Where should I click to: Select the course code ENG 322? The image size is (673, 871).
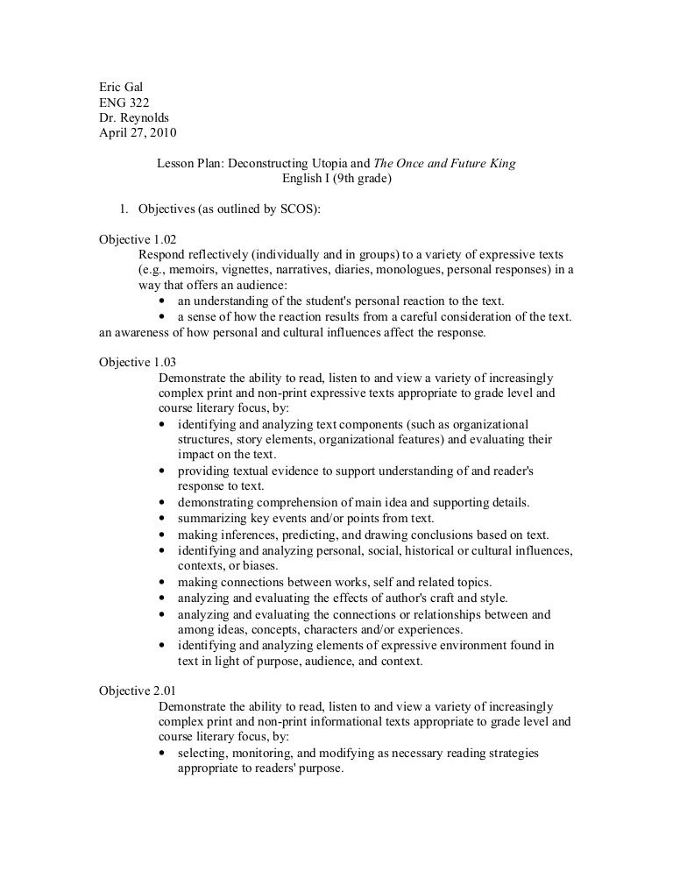pyautogui.click(x=124, y=103)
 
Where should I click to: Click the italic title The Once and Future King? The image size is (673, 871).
pyautogui.click(x=443, y=164)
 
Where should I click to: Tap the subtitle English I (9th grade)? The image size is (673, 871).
pyautogui.click(x=336, y=179)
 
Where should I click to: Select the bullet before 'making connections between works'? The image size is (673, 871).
pyautogui.click(x=164, y=582)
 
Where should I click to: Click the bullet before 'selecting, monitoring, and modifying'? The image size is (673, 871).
pyautogui.click(x=164, y=753)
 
